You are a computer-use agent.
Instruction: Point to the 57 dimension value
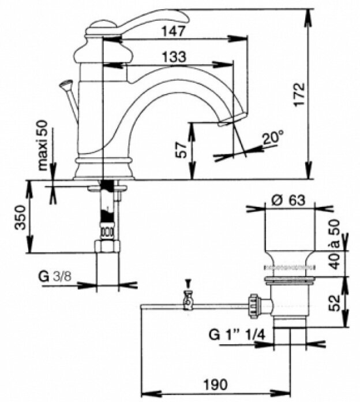pos(182,151)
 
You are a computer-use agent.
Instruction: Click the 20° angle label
pos(273,137)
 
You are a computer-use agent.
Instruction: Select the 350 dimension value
pos(20,217)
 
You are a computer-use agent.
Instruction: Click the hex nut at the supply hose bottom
pos(107,246)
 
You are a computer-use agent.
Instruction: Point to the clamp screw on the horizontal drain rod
pos(187,300)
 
